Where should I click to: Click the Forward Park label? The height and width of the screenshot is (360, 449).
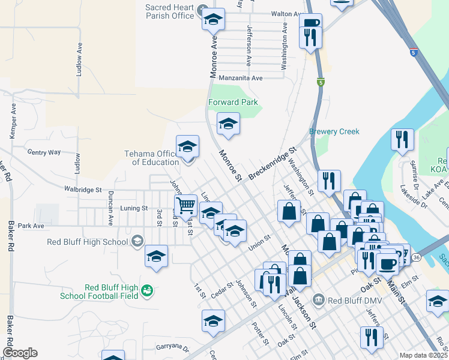tap(233, 102)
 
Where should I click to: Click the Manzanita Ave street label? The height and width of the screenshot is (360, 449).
tap(241, 78)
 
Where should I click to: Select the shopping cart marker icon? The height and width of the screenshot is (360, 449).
tap(186, 206)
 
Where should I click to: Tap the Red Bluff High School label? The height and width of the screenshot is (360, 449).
tap(87, 242)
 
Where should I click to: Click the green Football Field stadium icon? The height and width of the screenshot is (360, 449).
tap(146, 292)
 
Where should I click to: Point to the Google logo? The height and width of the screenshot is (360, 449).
tap(19, 353)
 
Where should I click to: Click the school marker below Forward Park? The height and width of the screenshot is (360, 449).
tap(228, 124)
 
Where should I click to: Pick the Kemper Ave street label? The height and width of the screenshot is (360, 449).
tap(13, 121)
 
